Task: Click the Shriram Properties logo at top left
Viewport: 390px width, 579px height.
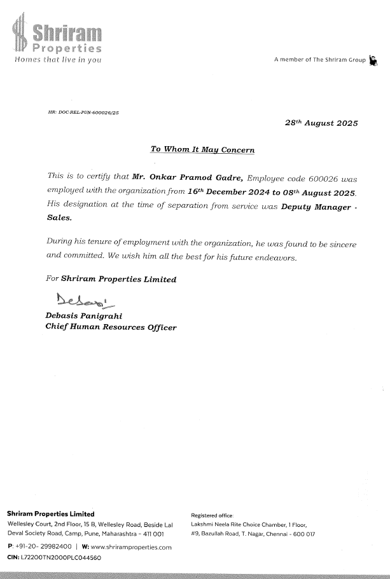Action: (x=56, y=34)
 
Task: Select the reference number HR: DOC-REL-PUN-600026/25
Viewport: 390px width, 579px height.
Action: (x=83, y=112)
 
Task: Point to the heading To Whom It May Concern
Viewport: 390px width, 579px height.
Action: (x=202, y=150)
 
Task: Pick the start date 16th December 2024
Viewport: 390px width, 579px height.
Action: (x=233, y=191)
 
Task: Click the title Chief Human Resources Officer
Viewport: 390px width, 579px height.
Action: (x=111, y=328)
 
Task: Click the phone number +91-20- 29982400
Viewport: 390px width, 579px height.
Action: (x=39, y=547)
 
